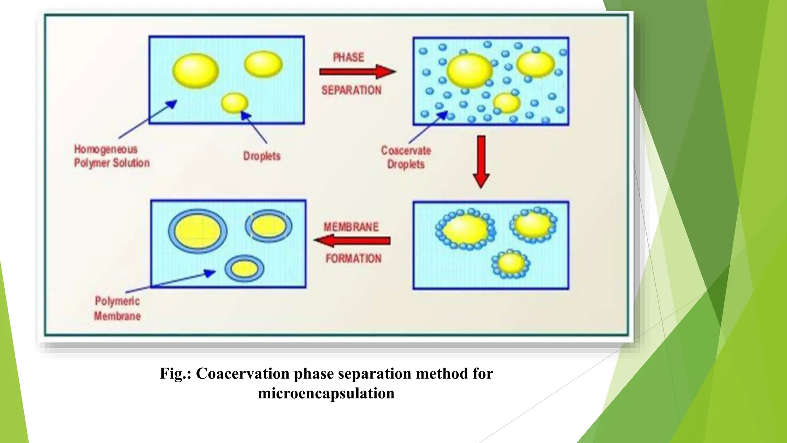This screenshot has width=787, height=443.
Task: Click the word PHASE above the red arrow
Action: [x=348, y=57]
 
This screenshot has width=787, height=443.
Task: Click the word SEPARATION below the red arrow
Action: [x=351, y=90]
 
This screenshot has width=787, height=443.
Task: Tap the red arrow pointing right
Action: [x=357, y=72]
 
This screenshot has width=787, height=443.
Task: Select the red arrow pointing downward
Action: [x=481, y=162]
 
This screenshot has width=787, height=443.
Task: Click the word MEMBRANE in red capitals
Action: [x=351, y=227]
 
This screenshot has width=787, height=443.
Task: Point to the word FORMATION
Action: [x=353, y=258]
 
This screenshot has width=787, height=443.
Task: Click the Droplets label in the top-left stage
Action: [x=262, y=156]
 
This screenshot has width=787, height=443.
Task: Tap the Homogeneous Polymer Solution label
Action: [x=111, y=156]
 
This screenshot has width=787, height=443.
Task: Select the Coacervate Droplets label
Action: [x=406, y=157]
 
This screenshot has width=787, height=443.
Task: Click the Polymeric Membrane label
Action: [x=117, y=308]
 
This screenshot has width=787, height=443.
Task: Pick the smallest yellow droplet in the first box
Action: [x=234, y=103]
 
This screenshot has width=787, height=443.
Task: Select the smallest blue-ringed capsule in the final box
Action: [x=244, y=268]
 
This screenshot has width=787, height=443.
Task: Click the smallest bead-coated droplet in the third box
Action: [x=511, y=263]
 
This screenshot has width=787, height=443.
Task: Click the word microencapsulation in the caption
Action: [x=326, y=393]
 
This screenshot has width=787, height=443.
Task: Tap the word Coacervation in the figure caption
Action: [x=242, y=374]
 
